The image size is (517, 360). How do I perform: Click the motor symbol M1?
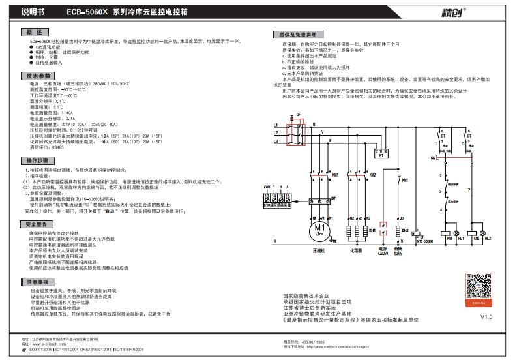pyautogui.click(x=319, y=230)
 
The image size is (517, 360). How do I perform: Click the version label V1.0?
pyautogui.click(x=486, y=317)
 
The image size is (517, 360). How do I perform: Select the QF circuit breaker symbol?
pyautogui.click(x=298, y=134)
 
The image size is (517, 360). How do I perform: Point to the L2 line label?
pyautogui.click(x=276, y=132)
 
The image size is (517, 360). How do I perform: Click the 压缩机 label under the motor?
pyautogui.click(x=319, y=249)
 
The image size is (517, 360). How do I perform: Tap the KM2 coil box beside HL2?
pyautogui.click(x=481, y=233)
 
